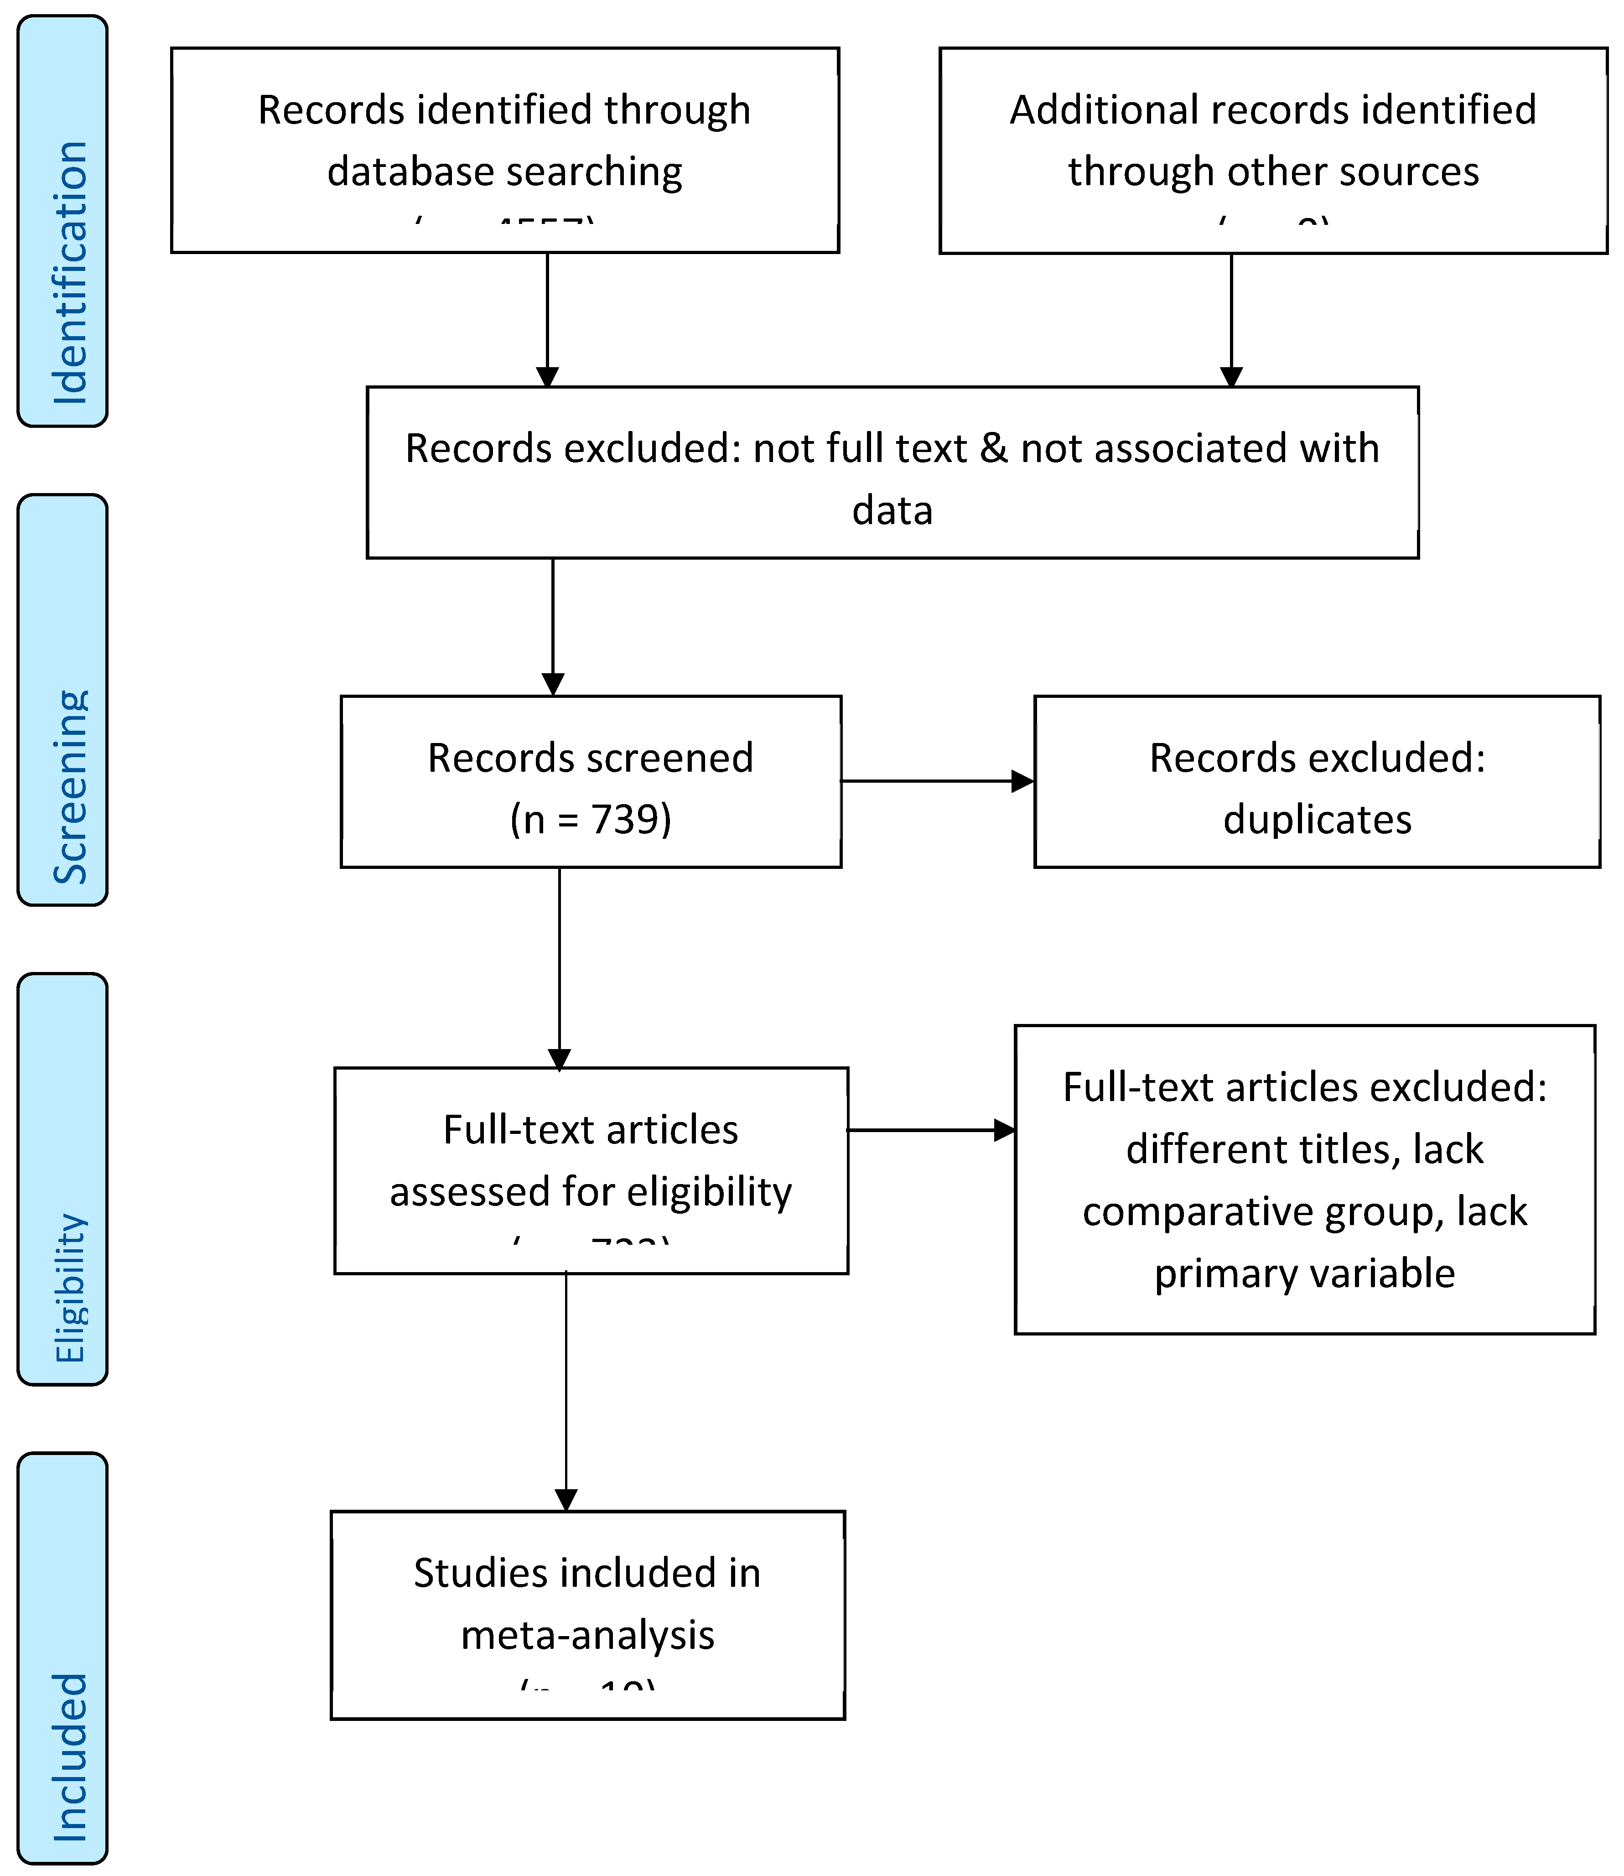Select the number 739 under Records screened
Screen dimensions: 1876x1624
[630, 819]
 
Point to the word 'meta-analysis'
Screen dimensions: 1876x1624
[587, 1635]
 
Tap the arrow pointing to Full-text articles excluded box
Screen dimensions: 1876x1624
[932, 1130]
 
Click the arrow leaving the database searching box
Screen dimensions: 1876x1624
[547, 317]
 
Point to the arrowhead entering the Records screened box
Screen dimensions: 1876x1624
[553, 684]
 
